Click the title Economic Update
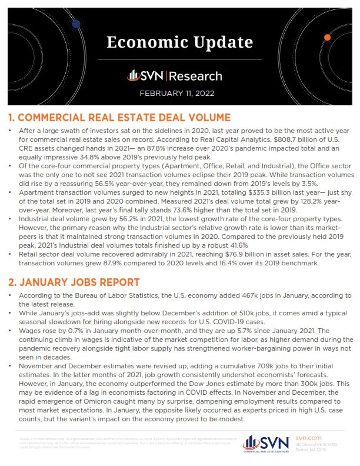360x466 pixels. pyautogui.click(x=179, y=43)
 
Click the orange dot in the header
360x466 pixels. pyautogui.click(x=327, y=37)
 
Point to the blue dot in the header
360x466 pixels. pyautogui.click(x=76, y=24)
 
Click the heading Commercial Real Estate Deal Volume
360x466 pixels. pyautogui.click(x=119, y=117)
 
